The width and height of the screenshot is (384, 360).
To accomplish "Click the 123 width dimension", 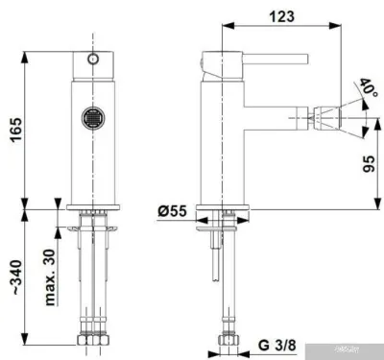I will coord(282,17).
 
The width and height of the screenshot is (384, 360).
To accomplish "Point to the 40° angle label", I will coord(369,88).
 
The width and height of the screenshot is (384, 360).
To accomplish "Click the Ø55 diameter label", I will coord(174,210).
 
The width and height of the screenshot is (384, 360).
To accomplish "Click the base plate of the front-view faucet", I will coord(93,208).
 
